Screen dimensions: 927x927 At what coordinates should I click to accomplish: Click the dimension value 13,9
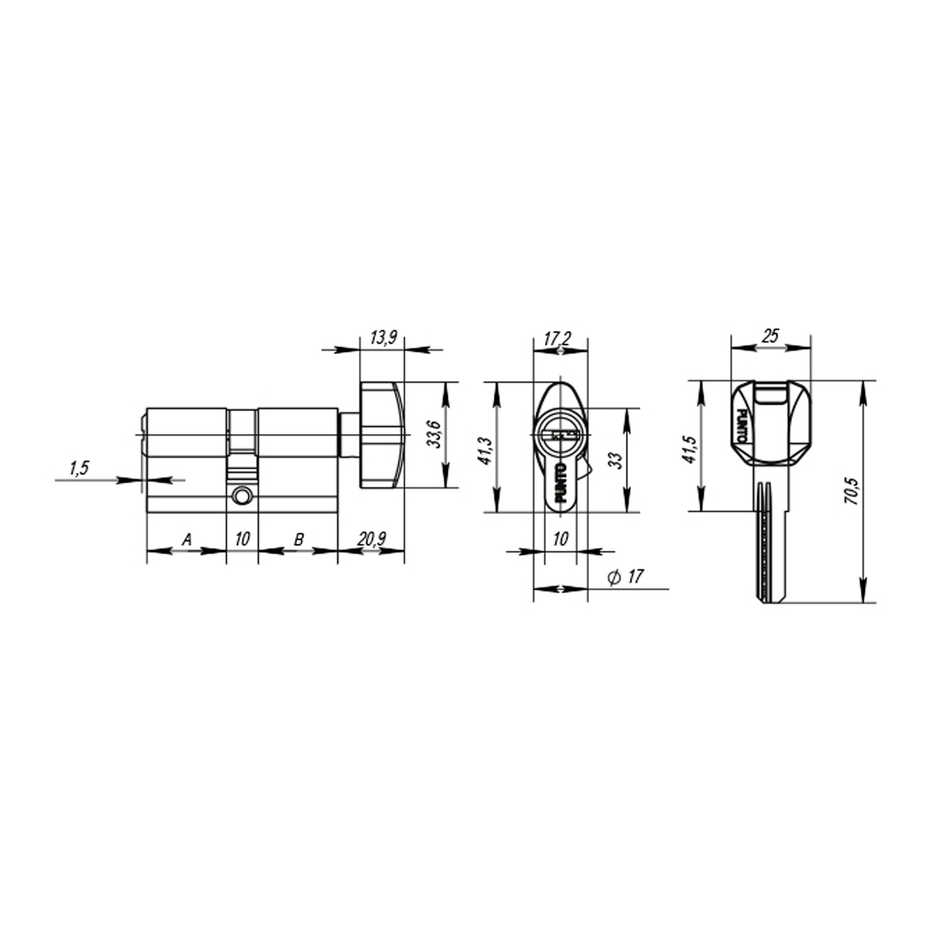[x=383, y=338]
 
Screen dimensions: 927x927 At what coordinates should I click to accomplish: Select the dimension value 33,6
[x=434, y=434]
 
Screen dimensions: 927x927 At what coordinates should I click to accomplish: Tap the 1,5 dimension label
[x=80, y=468]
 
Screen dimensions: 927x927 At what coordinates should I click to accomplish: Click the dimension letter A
[x=187, y=540]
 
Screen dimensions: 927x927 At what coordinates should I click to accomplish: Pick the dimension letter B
[x=298, y=540]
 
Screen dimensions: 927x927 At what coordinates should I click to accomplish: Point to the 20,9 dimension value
[x=371, y=540]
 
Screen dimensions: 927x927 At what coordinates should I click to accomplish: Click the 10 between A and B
[x=242, y=540]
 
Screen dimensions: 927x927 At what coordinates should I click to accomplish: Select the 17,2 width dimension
[x=557, y=339]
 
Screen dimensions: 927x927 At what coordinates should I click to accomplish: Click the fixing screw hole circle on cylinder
[x=242, y=496]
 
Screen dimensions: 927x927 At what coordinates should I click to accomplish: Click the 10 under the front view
[x=560, y=540]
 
